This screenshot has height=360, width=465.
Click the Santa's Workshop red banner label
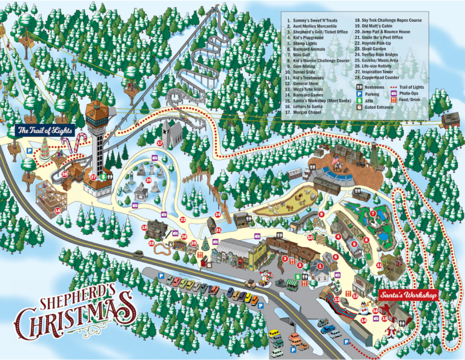coord(408,295)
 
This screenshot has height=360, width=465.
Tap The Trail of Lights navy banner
coord(44,130)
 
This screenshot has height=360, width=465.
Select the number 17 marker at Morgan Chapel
coord(159,143)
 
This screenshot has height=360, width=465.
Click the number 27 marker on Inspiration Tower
coord(94,177)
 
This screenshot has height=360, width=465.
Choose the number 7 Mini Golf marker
coord(373,214)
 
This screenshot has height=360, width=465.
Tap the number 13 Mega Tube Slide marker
coord(337,299)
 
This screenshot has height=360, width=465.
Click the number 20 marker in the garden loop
coord(149,180)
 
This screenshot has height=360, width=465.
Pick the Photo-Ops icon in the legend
coord(393,94)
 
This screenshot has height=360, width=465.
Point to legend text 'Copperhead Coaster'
coord(384,78)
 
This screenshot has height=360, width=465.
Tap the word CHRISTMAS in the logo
coord(76,321)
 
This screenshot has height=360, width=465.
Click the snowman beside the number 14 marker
coord(364,309)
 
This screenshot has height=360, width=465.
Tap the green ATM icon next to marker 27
coord(104,177)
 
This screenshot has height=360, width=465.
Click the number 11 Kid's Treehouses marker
coord(379,264)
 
